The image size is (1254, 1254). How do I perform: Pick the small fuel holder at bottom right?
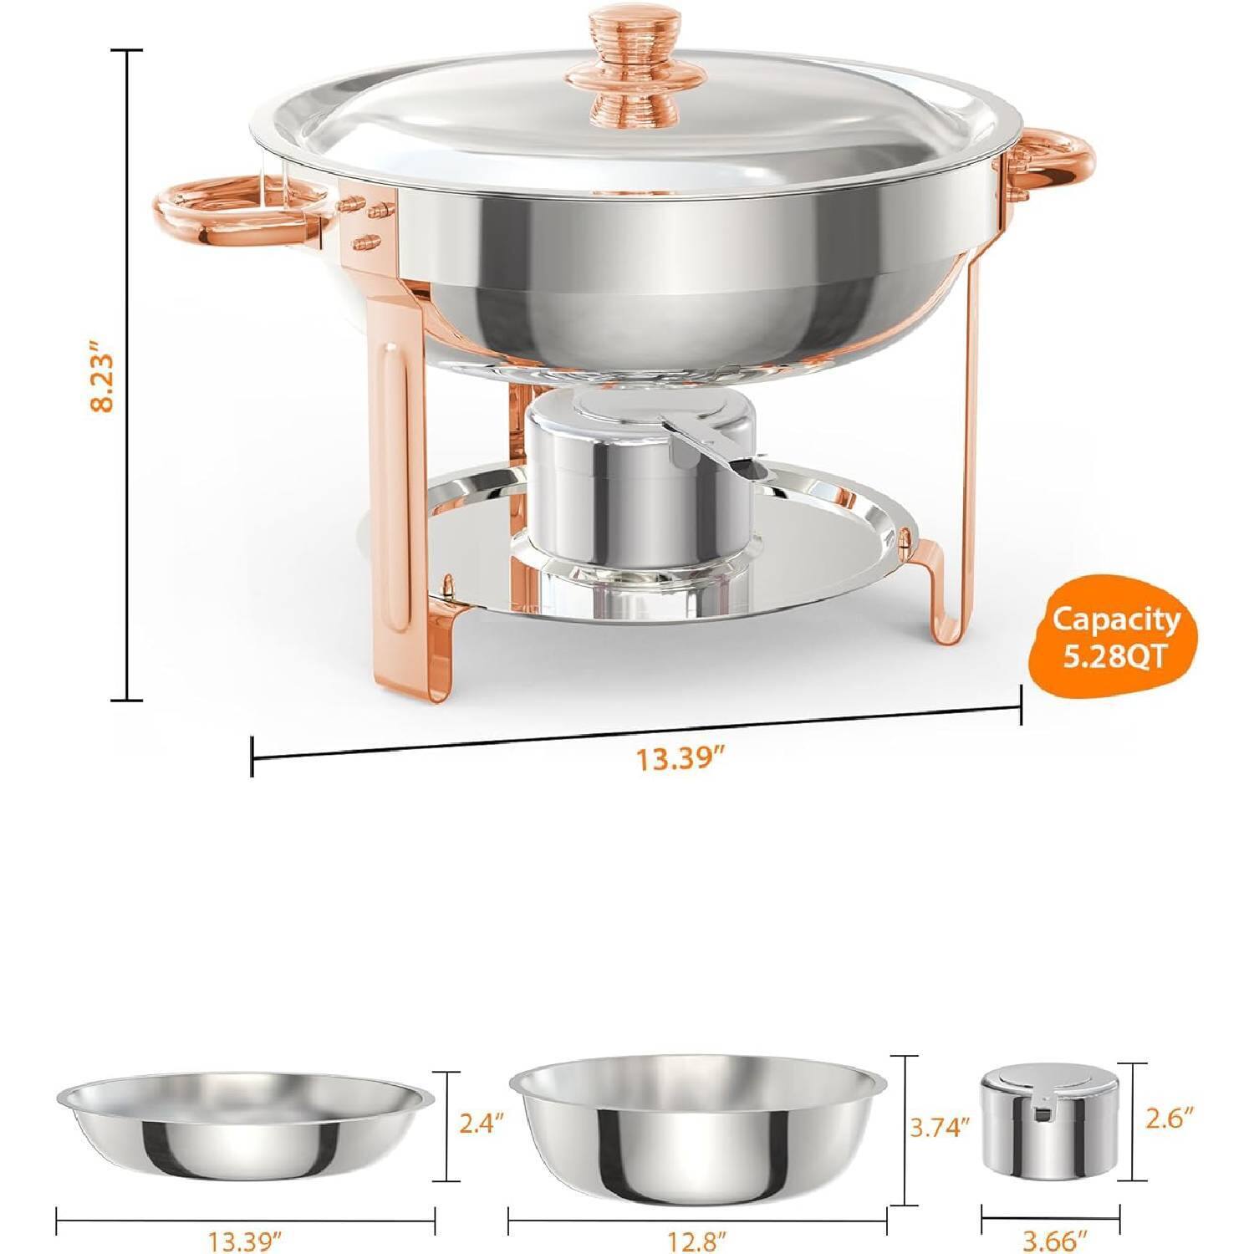coord(1050,1124)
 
